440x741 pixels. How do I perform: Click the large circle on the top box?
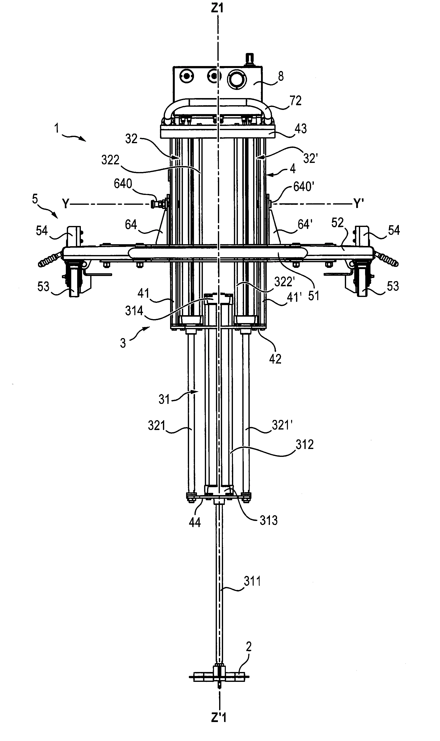point(237,79)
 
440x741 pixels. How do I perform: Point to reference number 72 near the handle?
point(295,101)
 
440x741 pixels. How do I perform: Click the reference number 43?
point(301,129)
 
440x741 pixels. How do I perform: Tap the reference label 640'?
point(304,187)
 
